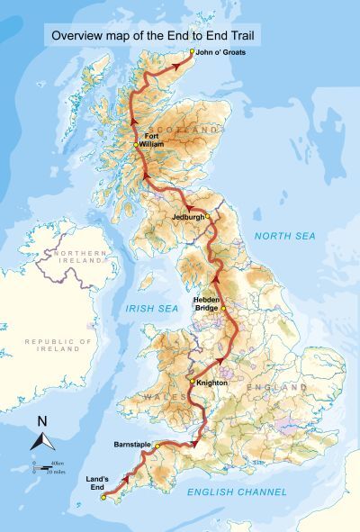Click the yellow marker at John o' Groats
(192, 51)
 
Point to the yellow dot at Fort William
(135, 145)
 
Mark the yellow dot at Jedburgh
(208, 216)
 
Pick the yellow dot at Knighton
(192, 382)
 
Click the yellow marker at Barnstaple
(157, 446)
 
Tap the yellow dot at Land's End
(104, 497)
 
